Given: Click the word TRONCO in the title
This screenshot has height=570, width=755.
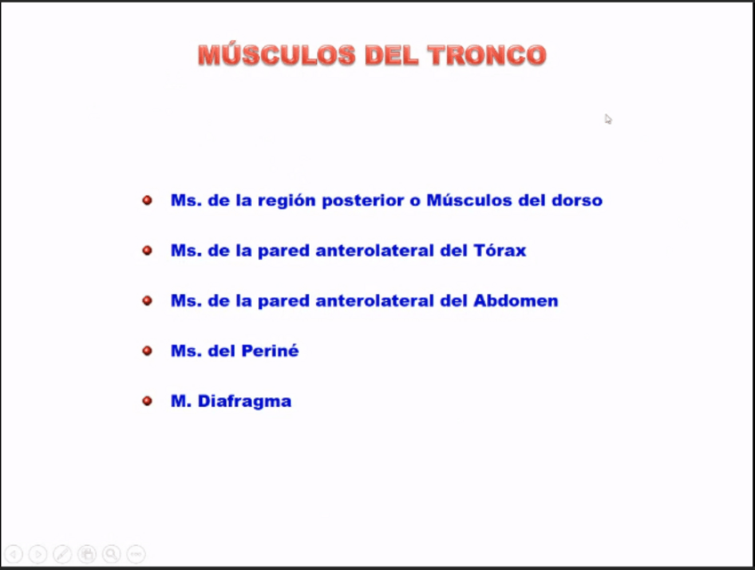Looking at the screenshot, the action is [x=487, y=55].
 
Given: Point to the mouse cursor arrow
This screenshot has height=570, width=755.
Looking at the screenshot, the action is [x=608, y=119].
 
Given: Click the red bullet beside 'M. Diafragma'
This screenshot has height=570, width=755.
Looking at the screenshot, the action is [x=147, y=401].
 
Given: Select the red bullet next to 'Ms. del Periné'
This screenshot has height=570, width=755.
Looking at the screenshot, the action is [x=147, y=351].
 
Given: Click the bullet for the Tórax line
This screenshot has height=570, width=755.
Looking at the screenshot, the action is [x=147, y=250].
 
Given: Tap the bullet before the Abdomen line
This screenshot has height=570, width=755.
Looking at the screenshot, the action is [x=147, y=301].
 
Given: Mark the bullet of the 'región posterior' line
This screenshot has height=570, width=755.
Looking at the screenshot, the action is [x=147, y=200].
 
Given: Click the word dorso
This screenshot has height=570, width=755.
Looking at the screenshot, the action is [x=577, y=200].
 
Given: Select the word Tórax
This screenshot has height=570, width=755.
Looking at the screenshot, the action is [x=499, y=250].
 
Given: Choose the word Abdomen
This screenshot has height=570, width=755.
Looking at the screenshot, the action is [x=516, y=301].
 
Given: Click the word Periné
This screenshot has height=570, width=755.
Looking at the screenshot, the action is [x=270, y=350].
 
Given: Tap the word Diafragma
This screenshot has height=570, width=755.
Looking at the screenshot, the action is [x=245, y=402].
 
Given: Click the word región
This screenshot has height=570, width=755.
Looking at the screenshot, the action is [x=287, y=201].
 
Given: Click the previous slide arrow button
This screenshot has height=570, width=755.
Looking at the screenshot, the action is [x=13, y=554].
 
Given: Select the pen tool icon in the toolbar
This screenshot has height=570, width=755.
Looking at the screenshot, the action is [x=62, y=554].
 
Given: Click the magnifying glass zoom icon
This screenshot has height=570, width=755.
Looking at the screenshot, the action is [x=111, y=554].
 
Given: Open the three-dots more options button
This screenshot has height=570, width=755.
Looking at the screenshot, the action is [x=136, y=554].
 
